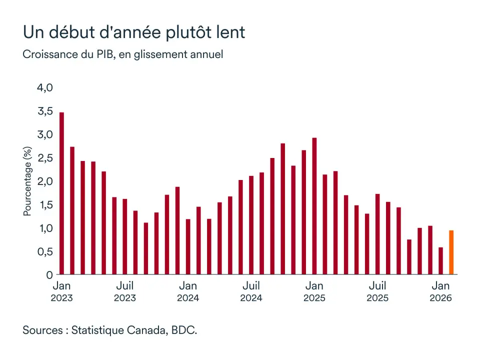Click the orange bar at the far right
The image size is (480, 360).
pyautogui.click(x=451, y=252)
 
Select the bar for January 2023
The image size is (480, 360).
pyautogui.click(x=61, y=193)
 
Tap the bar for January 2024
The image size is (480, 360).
pyautogui.click(x=188, y=246)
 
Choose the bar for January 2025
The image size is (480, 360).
pyautogui.click(x=314, y=206)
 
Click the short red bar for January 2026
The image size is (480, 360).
pyautogui.click(x=440, y=261)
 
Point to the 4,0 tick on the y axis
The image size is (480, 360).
pyautogui.click(x=44, y=87)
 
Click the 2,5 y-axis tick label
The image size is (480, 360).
pyautogui.click(x=44, y=158)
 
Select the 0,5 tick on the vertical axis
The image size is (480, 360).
pyautogui.click(x=44, y=251)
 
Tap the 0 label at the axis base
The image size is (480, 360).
pyautogui.click(x=49, y=275)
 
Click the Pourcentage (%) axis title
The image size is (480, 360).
pyautogui.click(x=27, y=181)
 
